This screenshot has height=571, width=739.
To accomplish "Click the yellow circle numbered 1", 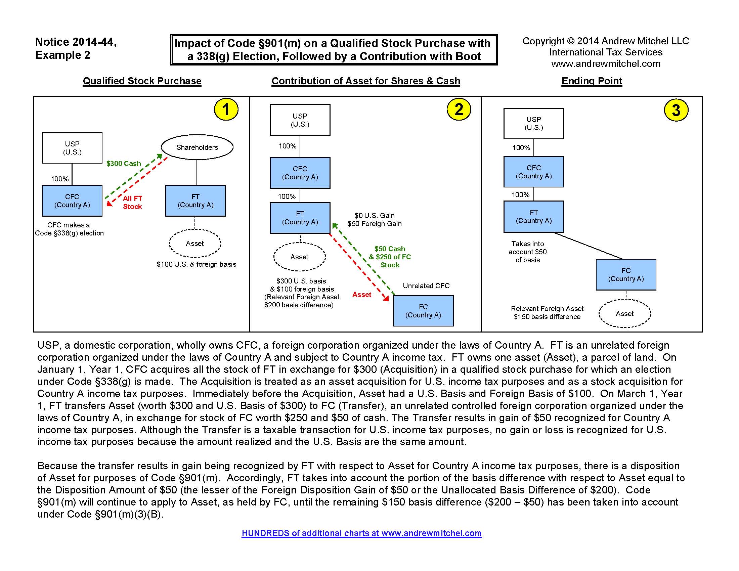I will pyautogui.click(x=226, y=109).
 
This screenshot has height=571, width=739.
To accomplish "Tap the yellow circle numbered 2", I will pyautogui.click(x=459, y=109).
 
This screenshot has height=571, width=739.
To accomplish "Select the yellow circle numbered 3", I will pyautogui.click(x=676, y=110).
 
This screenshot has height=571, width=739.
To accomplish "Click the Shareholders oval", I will pyautogui.click(x=197, y=147).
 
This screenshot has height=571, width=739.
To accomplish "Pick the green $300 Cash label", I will pyautogui.click(x=124, y=163).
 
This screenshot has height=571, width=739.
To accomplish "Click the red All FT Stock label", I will pyautogui.click(x=132, y=202).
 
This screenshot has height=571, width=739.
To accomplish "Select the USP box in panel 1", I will pyautogui.click(x=72, y=148).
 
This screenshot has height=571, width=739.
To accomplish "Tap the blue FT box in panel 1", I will pyautogui.click(x=195, y=201).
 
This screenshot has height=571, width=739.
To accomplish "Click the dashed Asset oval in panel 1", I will pyautogui.click(x=195, y=244).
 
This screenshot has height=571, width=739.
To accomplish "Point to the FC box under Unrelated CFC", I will pyautogui.click(x=423, y=311).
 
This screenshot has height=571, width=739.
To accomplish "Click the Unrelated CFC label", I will pyautogui.click(x=426, y=285).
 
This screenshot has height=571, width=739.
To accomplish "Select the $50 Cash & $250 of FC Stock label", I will pyautogui.click(x=390, y=257).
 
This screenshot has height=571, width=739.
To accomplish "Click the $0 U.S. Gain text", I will pyautogui.click(x=374, y=216).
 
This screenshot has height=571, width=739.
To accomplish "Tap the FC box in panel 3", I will pyautogui.click(x=626, y=275).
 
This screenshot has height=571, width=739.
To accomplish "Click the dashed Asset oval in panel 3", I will pyautogui.click(x=624, y=314).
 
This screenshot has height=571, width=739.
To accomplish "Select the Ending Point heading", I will pyautogui.click(x=592, y=81).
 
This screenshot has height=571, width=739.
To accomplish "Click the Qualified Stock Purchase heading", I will pyautogui.click(x=142, y=81).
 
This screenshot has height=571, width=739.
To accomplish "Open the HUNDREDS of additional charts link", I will pyautogui.click(x=361, y=533).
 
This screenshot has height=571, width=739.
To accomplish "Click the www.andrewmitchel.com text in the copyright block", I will pyautogui.click(x=605, y=63).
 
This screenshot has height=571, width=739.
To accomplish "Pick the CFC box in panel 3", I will pyautogui.click(x=533, y=172).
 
